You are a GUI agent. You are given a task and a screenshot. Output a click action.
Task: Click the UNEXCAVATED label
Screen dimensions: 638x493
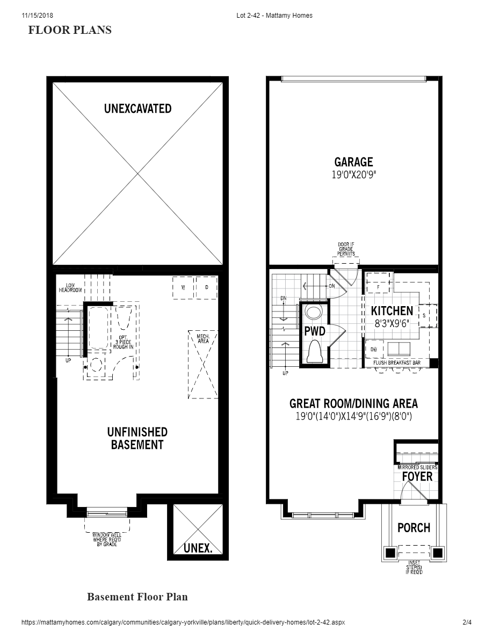137,108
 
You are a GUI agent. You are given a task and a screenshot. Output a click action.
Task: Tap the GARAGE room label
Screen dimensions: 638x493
353,162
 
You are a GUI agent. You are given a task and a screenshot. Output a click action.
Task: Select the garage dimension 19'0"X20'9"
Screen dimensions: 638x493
353,175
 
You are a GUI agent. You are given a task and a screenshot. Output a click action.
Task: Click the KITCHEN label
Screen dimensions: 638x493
392,311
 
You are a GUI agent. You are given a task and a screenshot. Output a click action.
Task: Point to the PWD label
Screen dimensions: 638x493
315,331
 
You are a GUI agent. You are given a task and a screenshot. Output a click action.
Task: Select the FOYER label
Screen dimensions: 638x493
417,476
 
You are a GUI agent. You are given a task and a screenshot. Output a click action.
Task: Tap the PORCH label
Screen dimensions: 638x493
414,528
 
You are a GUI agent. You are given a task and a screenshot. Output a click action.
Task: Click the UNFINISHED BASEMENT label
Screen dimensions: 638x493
137,438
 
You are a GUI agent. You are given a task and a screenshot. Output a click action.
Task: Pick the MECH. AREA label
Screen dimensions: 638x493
203,338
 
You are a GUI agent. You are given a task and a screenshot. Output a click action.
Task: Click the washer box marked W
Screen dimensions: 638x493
183,287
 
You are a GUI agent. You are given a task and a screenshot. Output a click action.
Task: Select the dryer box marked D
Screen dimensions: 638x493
207,287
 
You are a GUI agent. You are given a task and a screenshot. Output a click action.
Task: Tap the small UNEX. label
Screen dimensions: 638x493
198,548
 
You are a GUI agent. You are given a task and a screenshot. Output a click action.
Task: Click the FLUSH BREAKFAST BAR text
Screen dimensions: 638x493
401,363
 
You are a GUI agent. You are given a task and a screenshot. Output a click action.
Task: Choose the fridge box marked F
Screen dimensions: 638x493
378,287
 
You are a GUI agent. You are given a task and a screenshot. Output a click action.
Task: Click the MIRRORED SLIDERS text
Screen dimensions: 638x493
417,468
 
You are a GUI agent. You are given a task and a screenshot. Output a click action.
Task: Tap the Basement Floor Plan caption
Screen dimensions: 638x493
137,597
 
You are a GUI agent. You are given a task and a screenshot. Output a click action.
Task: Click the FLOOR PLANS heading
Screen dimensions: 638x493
70,30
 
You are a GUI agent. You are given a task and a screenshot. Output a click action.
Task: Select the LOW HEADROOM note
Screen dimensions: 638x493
70,287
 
